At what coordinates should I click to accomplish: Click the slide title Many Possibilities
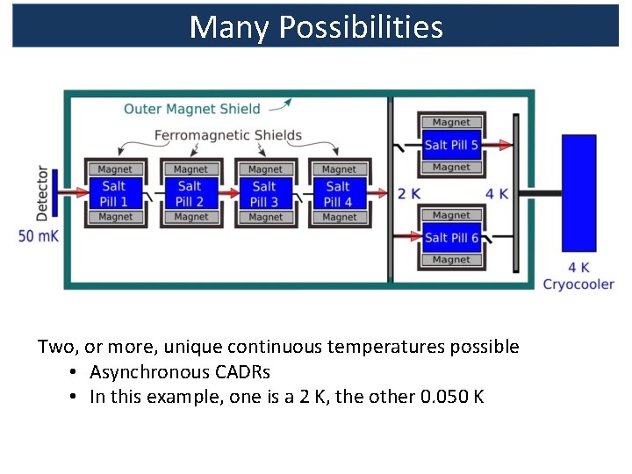pos(316,27)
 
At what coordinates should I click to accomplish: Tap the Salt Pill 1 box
pos(115,193)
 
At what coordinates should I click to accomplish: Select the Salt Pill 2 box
pos(190,193)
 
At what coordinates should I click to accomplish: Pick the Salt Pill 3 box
pos(264,193)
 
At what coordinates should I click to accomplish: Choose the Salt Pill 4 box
pos(338,193)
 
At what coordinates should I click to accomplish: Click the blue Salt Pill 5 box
pos(451,145)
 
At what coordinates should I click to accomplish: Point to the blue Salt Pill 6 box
pos(451,238)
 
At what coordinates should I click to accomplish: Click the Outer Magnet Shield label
pos(192,109)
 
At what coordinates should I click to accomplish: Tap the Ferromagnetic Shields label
pos(227,135)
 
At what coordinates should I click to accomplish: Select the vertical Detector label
pos(42,193)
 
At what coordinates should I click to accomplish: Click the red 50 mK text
pos(38,235)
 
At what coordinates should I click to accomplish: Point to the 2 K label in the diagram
pos(407,194)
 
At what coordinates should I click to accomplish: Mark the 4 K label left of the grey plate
pos(497,194)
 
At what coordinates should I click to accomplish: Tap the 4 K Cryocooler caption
pos(578,276)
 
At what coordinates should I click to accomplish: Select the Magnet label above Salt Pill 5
pos(451,123)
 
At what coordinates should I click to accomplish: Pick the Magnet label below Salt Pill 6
pos(451,260)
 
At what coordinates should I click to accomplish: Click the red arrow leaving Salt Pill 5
pos(497,145)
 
